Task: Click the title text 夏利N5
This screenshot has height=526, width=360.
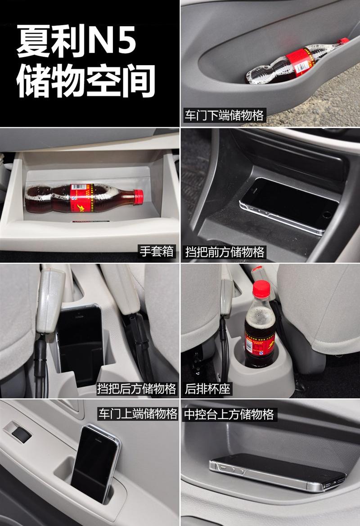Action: (x=77, y=41)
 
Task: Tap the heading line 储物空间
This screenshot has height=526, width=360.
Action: (x=86, y=81)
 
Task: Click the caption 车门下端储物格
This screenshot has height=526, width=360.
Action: (x=224, y=115)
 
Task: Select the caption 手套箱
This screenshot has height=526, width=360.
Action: (x=157, y=251)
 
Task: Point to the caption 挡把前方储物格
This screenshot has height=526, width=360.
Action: (x=225, y=252)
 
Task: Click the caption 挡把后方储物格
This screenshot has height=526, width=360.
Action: (x=136, y=388)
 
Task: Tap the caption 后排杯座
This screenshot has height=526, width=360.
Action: (x=207, y=389)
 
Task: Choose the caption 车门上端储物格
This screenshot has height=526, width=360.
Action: (x=138, y=414)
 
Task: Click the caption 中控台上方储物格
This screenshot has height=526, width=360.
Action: (x=229, y=414)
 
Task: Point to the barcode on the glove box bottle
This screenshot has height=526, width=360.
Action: (x=79, y=187)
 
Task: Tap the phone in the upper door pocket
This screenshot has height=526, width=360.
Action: (x=95, y=464)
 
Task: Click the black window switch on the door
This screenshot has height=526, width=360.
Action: (x=22, y=434)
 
